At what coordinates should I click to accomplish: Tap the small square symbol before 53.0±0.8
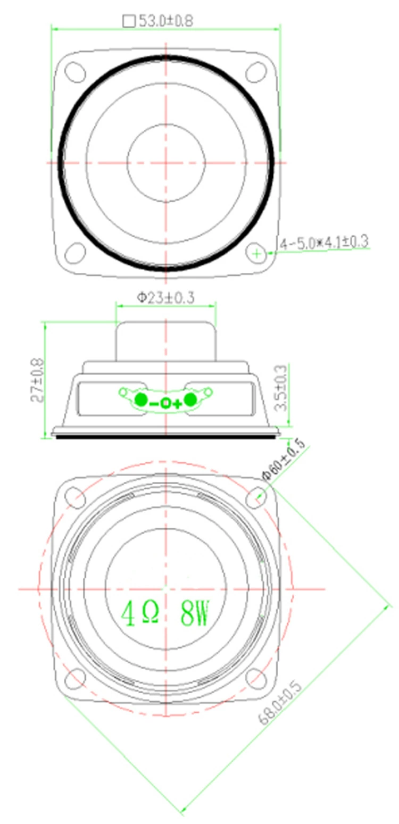[x=129, y=21]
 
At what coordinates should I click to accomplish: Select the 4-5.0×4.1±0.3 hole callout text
[x=325, y=243]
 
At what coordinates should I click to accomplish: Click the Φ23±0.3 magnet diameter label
[x=166, y=297]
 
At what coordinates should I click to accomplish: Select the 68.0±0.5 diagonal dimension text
[x=280, y=703]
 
